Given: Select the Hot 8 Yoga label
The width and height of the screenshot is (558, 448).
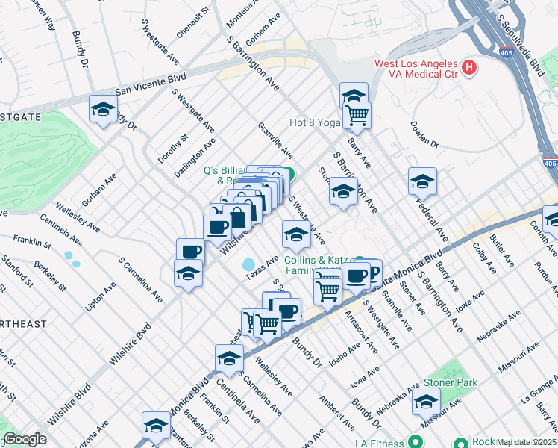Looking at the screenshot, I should [x=314, y=123].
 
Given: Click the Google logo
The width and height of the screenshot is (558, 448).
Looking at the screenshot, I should [x=25, y=440].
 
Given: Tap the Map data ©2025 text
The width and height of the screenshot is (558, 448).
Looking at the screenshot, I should [x=526, y=442].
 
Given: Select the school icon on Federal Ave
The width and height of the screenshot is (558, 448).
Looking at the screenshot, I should [x=422, y=182].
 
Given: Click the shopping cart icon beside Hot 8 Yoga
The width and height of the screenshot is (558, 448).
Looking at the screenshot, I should [x=358, y=116].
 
